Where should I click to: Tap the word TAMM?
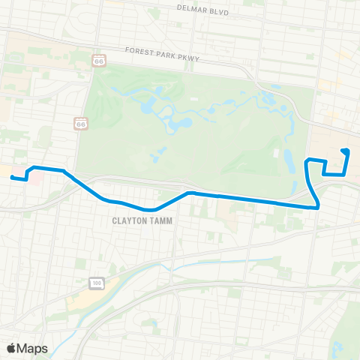pos(161,221)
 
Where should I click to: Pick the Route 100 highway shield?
pos(97,283)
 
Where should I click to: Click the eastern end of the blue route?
pos(343,151)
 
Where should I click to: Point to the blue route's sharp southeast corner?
pos(319,205)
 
